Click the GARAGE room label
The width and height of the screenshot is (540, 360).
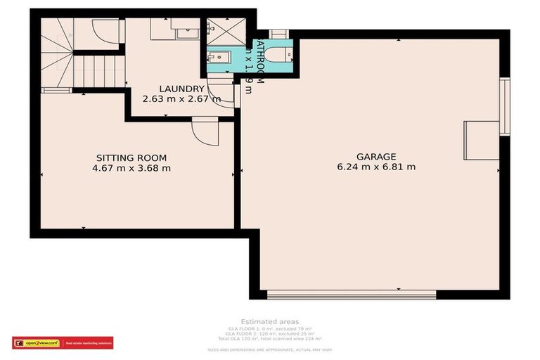(376, 157)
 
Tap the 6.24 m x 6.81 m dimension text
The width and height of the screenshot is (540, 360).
(376, 167)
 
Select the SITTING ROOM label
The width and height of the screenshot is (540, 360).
(131, 158)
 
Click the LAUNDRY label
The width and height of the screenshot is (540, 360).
(181, 89)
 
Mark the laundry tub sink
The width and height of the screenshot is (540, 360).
(186, 31)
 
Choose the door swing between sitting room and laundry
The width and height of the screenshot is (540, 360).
(206, 131)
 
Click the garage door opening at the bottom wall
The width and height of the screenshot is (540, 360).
(331, 295)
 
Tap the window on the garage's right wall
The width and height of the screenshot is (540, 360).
(503, 105)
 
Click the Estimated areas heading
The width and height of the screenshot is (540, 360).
(269, 322)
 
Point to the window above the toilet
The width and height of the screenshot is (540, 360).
(278, 34)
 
